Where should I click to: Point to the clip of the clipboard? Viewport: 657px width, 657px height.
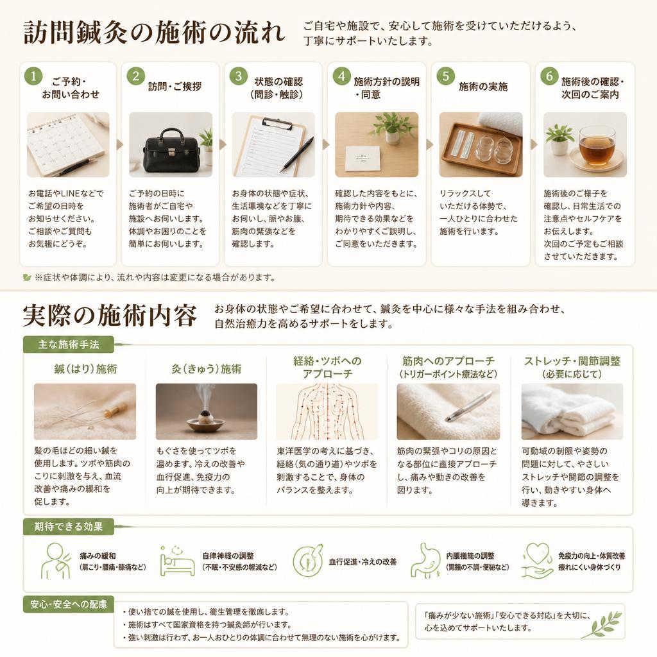277,123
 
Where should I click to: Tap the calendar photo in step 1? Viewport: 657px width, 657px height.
68,144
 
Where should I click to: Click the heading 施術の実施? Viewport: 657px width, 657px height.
483,87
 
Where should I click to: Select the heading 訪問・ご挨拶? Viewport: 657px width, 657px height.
175,87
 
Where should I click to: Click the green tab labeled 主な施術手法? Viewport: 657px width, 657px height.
68,345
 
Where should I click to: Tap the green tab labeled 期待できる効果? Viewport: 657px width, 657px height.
68,527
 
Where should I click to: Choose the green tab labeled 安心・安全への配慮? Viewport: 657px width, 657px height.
68,604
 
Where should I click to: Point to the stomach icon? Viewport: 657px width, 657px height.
426,561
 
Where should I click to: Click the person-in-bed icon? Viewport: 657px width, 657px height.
177,561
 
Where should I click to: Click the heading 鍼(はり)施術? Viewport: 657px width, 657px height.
85,369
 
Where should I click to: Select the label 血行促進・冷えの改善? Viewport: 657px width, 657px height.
363,562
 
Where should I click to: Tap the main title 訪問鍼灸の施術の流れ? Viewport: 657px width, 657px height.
154,33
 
